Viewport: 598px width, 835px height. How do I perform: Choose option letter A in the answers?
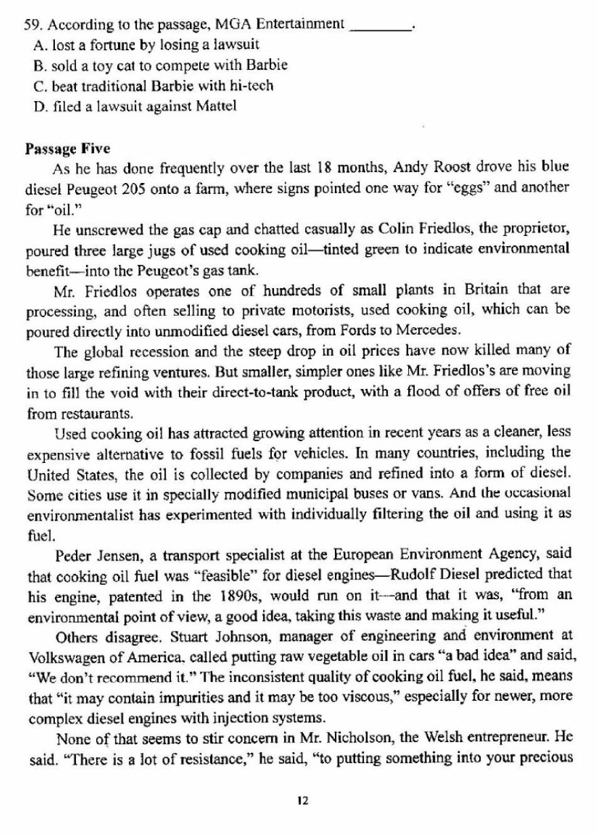click(x=37, y=45)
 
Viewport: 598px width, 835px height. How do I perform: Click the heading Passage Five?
click(x=67, y=147)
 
